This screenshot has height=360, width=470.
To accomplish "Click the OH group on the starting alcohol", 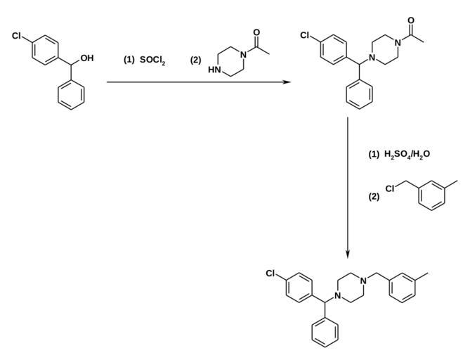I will (x=87, y=58).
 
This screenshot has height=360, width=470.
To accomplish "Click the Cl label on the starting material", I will (x=16, y=34).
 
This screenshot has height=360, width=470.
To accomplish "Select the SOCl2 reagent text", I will (x=152, y=60).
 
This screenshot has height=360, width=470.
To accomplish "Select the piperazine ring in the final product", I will (x=349, y=290).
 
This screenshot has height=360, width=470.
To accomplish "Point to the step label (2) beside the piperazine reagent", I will (x=195, y=60).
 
